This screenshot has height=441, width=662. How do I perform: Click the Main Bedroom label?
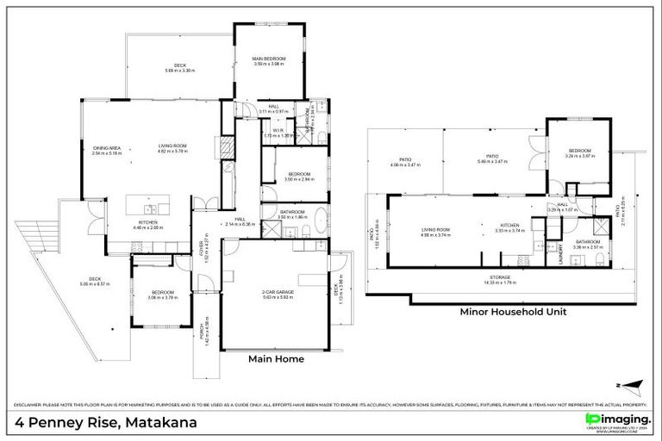coord(269,59)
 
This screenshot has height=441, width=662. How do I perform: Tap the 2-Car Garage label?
coord(275,293)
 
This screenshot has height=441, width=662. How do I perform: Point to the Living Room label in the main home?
coord(172,147)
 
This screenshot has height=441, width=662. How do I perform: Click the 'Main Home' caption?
coord(276,359)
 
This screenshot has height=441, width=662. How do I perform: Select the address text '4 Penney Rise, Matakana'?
coord(105,423)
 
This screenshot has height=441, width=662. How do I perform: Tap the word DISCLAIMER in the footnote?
coord(28,404)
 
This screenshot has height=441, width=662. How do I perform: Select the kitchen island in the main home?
coord(147,204)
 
